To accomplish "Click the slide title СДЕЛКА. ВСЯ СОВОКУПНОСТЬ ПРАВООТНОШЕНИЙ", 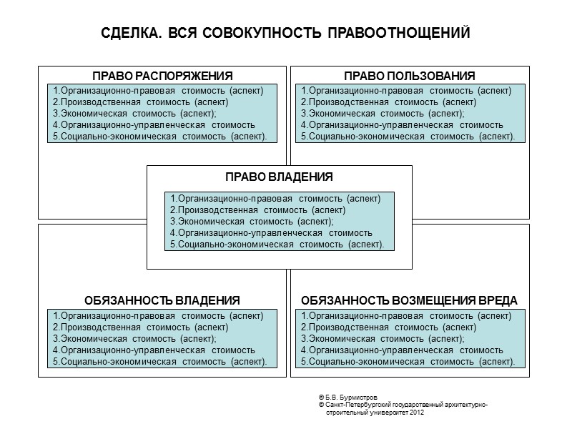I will (x=285, y=34).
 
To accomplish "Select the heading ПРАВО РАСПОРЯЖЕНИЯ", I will (x=162, y=77).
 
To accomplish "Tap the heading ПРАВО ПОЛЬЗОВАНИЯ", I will (x=410, y=77).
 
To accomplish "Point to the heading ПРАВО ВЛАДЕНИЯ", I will (x=279, y=177).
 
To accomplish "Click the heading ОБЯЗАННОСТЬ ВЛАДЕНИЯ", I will (x=162, y=300).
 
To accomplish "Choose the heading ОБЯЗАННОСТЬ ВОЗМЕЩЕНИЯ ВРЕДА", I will (x=410, y=300).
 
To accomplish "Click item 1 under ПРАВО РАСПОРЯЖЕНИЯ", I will (x=158, y=91).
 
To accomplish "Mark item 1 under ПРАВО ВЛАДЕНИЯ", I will (x=275, y=199).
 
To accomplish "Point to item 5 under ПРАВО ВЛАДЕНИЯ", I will (x=277, y=245).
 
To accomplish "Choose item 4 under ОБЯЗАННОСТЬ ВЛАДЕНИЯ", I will (x=154, y=350).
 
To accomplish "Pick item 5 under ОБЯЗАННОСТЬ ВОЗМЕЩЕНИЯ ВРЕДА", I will (x=408, y=362).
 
